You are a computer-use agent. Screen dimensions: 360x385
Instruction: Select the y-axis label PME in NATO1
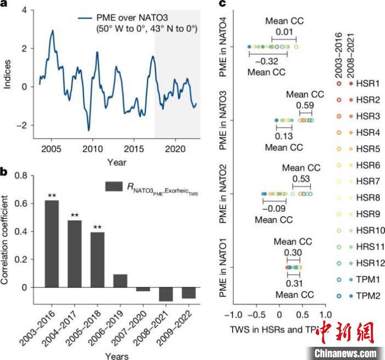[x=224, y=268]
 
